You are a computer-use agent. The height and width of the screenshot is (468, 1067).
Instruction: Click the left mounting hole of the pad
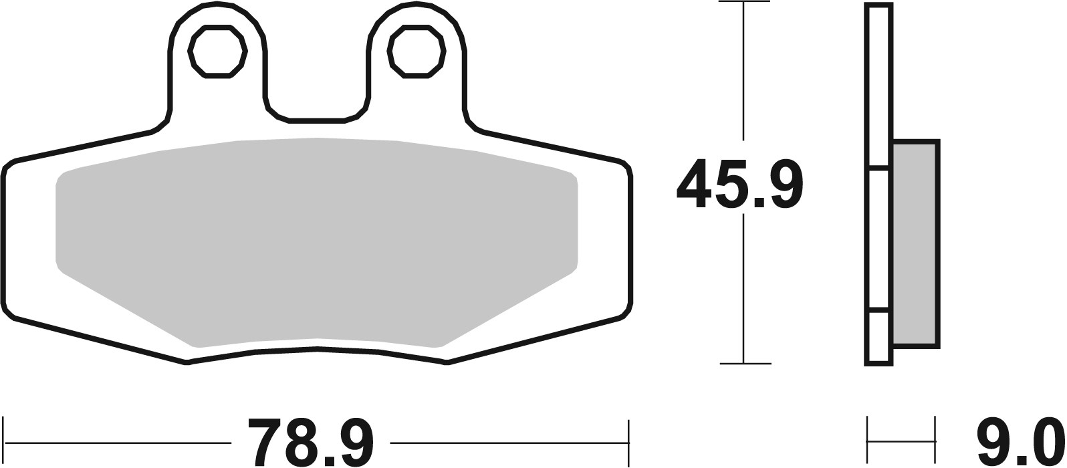click(218, 52)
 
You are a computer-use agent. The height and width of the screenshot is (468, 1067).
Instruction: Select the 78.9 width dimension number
click(310, 442)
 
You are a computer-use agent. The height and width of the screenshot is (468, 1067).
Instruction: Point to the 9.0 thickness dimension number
click(1020, 442)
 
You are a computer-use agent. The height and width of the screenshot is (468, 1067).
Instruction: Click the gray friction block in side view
click(916, 243)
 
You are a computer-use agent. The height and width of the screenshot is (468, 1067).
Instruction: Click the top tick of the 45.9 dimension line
click(744, 3)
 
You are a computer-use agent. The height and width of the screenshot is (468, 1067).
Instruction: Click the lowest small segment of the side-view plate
click(878, 338)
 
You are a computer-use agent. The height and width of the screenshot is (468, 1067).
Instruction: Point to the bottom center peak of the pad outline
click(316, 349)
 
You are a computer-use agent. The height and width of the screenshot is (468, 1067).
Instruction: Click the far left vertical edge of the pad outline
click(3, 241)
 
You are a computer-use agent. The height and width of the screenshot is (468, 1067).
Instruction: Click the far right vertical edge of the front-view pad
click(631, 241)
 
